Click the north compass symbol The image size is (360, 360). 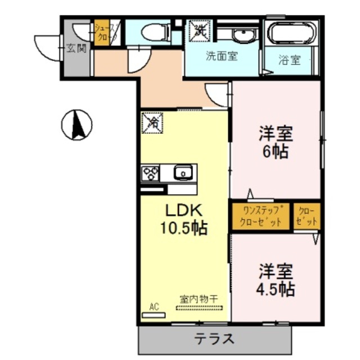(x=77, y=125)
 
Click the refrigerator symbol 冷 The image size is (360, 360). (x=153, y=122)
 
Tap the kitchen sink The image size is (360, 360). (x=183, y=173)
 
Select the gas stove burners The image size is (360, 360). (x=151, y=173)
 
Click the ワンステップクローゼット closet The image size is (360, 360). (x=260, y=216)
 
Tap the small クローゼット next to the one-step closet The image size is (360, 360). (x=307, y=216)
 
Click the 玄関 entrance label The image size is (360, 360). (x=76, y=48)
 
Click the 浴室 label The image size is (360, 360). (x=290, y=59)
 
